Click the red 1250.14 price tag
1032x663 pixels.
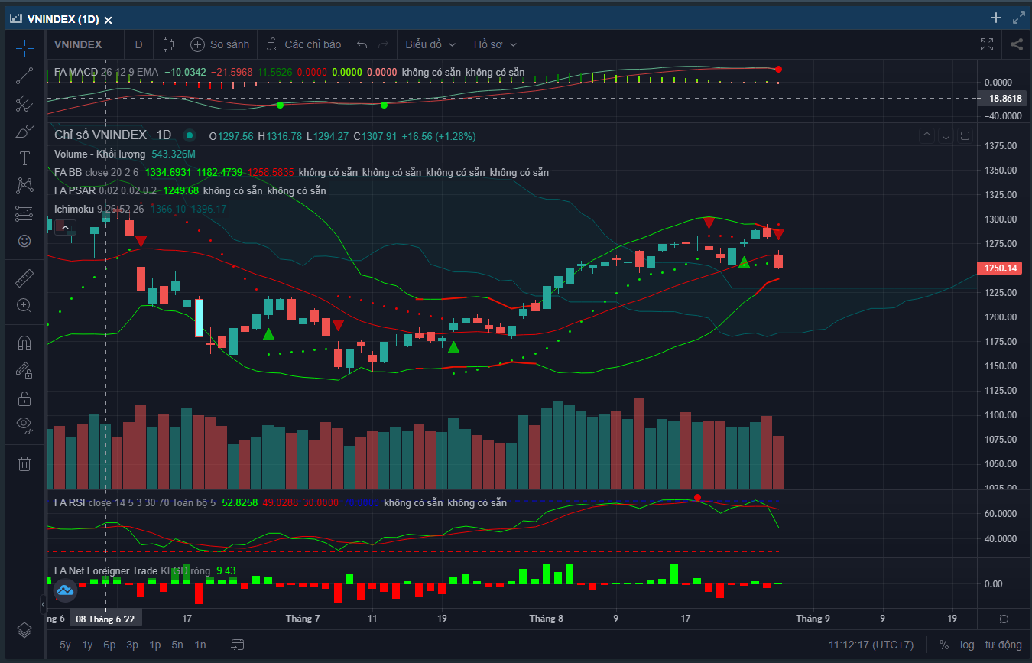click(x=1001, y=268)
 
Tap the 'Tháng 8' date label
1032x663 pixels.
click(x=546, y=619)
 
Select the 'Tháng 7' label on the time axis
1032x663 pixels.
click(x=303, y=619)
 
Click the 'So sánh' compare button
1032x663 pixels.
click(x=220, y=44)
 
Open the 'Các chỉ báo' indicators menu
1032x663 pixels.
click(x=303, y=44)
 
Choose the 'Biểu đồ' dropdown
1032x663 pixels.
click(x=430, y=44)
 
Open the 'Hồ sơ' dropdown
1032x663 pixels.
click(x=495, y=44)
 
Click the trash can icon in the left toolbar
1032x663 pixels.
click(x=24, y=463)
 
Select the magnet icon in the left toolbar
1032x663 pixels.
click(x=24, y=343)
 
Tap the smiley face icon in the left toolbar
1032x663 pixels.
click(x=24, y=241)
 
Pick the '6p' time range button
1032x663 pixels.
click(x=109, y=645)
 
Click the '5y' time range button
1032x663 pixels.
click(x=65, y=645)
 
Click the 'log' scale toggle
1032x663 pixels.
click(x=967, y=645)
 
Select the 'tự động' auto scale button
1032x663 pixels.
click(x=1003, y=645)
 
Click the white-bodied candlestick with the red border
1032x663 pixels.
click(x=200, y=318)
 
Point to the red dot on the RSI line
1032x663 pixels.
click(x=697, y=498)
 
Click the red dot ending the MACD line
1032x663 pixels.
click(x=778, y=70)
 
